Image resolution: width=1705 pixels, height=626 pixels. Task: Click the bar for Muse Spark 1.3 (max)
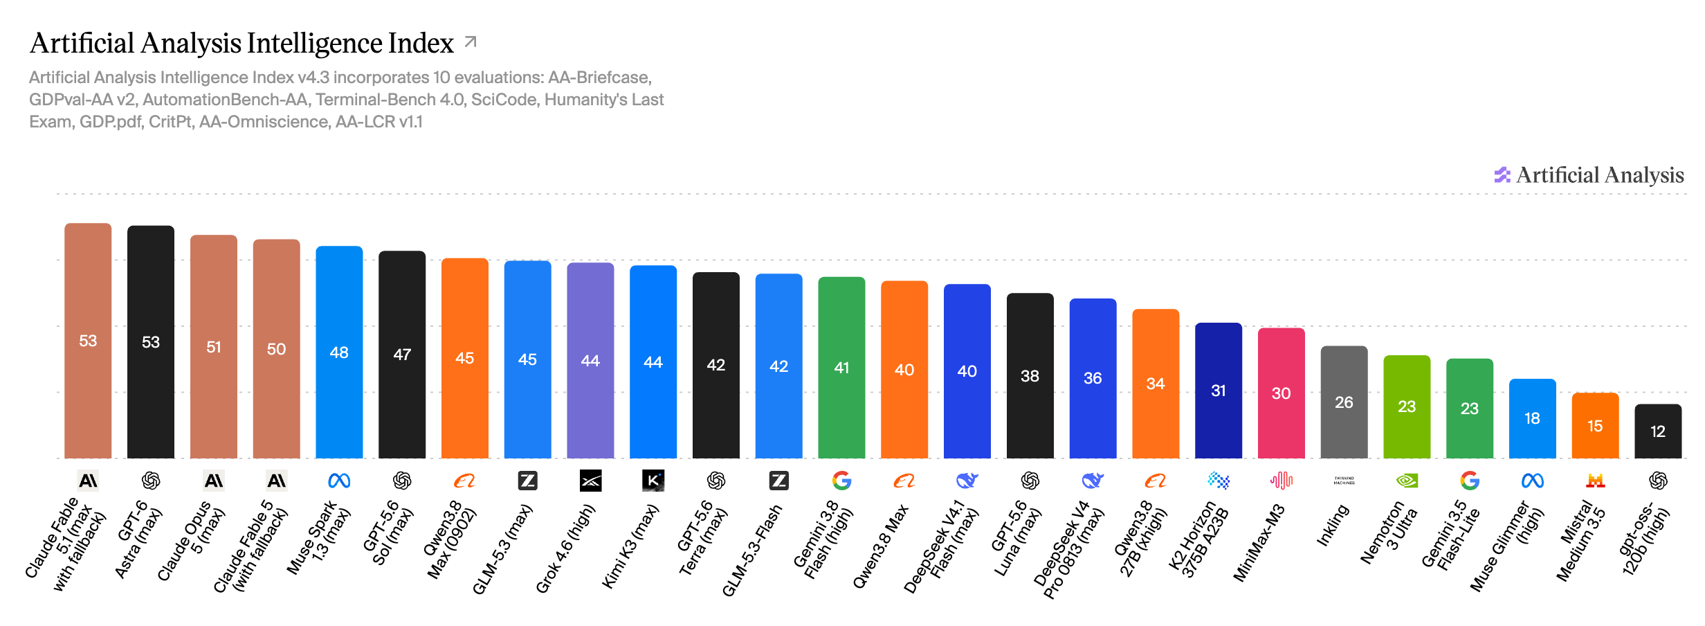click(339, 352)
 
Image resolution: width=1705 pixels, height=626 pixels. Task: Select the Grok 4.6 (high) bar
click(590, 360)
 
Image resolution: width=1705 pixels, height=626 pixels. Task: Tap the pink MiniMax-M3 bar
click(1281, 393)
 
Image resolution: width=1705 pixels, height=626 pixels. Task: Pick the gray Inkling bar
click(1344, 402)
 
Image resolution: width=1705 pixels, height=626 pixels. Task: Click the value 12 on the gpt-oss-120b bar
click(1658, 431)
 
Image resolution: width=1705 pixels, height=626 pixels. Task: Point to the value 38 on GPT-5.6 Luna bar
click(1030, 376)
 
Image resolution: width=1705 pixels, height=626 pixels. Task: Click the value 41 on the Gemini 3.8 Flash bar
click(841, 368)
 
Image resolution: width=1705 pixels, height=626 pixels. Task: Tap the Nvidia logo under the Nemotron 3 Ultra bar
click(1407, 481)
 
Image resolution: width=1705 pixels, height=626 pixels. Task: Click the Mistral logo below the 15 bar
click(1595, 481)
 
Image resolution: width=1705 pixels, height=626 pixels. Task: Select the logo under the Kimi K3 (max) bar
click(653, 481)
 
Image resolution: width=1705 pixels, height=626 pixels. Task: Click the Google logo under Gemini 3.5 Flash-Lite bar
click(1470, 481)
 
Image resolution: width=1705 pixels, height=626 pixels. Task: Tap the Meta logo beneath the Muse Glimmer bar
click(1532, 481)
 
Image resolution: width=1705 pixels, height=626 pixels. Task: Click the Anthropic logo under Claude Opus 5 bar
click(214, 481)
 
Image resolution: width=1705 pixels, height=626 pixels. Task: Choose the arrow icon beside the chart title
click(471, 42)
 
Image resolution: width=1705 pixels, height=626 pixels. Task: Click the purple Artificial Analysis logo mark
click(1502, 175)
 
